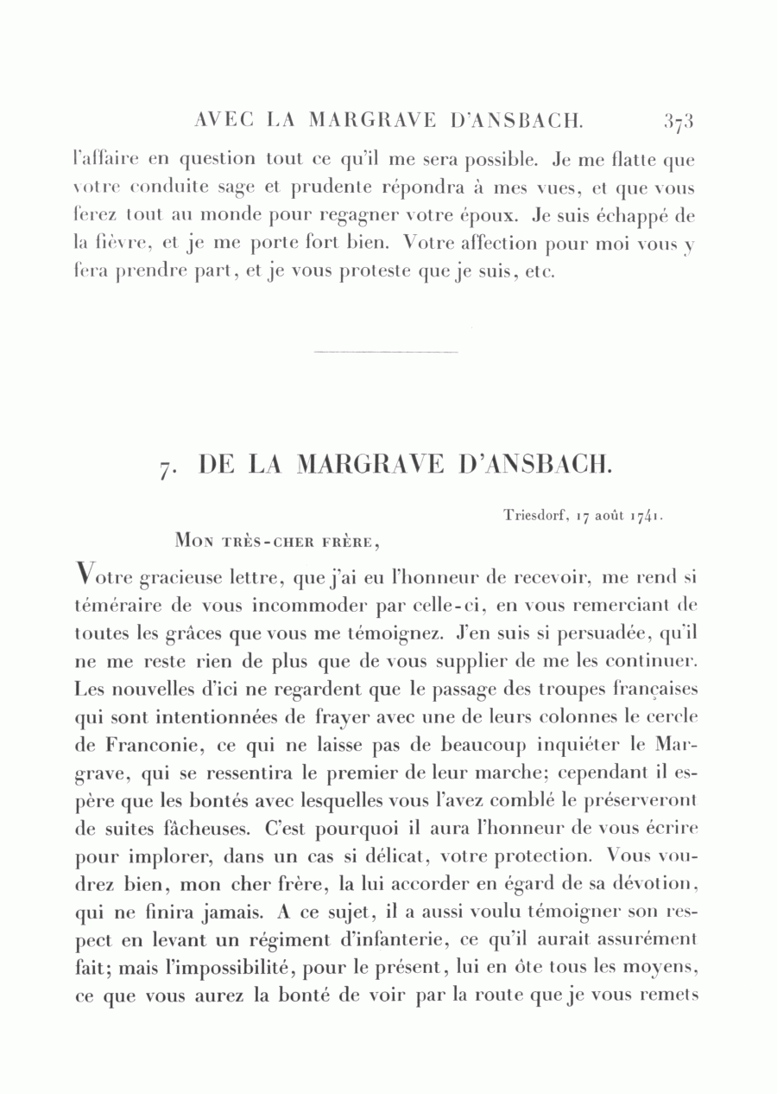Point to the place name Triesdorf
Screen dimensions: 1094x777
click(x=533, y=516)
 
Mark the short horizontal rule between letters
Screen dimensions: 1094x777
click(x=386, y=352)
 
